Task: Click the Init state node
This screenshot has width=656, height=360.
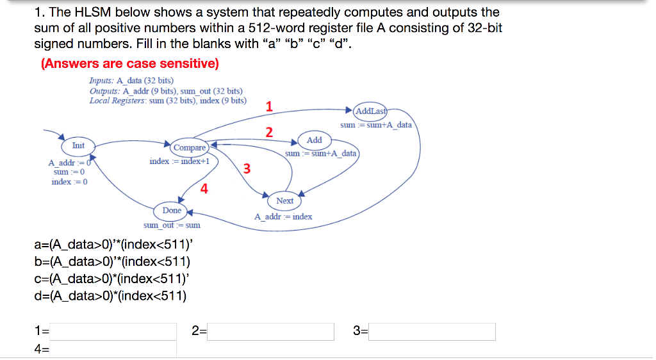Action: point(78,146)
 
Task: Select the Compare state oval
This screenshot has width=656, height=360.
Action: point(190,147)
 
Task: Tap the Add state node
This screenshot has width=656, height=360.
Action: point(314,140)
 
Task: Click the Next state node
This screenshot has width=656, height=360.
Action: point(284,201)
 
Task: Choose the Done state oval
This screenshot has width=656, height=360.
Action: point(172,210)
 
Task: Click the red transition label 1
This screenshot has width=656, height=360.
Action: point(269,107)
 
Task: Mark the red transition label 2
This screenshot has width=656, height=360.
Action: point(269,133)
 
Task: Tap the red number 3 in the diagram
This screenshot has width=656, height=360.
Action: point(247,169)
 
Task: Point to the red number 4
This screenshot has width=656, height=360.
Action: point(204,188)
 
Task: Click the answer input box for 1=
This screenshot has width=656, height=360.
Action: point(114,331)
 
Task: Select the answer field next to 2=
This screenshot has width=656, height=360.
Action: point(270,331)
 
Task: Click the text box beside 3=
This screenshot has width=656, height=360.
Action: point(432,331)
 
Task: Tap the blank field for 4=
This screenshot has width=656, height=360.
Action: point(114,349)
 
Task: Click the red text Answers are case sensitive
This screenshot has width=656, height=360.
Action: point(130,63)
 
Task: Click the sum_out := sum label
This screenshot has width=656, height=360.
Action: point(172,225)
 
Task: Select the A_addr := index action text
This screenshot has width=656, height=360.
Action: point(283,217)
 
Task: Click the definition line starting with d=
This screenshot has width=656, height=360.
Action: point(110,295)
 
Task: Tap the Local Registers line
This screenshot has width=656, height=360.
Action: point(168,101)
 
